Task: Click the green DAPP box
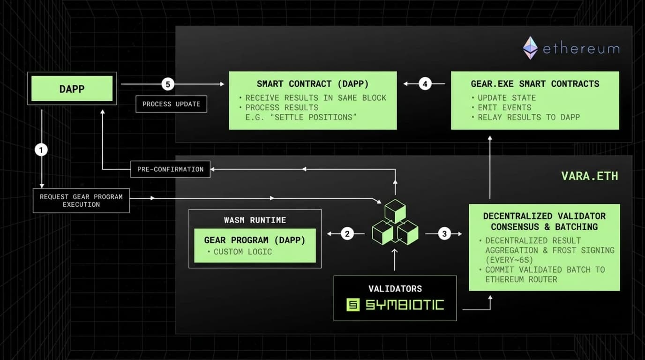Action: (72, 89)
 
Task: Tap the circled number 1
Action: (42, 150)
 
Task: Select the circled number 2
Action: (347, 233)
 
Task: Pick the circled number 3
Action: (444, 233)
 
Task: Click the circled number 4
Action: (425, 84)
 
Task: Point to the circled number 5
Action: (168, 84)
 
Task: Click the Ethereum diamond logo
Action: (530, 48)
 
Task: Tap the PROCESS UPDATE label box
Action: (171, 104)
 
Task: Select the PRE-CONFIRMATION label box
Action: (170, 169)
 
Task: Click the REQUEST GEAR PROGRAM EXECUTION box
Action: (81, 201)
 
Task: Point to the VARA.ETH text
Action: (589, 176)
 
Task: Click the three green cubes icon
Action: (395, 222)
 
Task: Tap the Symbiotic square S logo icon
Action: (353, 305)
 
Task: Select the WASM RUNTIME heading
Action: (255, 220)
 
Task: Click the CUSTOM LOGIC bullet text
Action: (242, 252)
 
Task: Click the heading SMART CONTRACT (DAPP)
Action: (313, 84)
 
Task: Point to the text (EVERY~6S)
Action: (509, 260)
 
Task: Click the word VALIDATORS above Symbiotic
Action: (395, 289)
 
